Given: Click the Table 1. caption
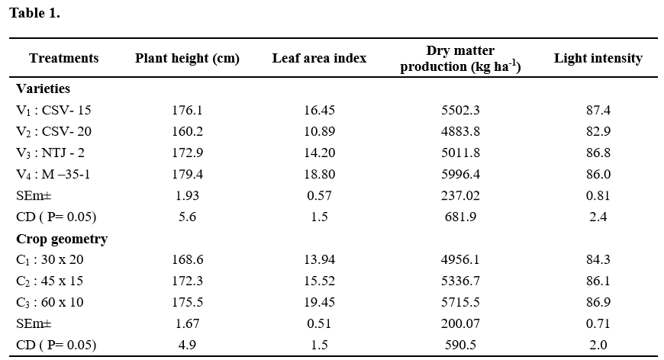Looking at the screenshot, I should (34, 13).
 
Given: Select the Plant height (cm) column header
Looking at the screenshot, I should (187, 59).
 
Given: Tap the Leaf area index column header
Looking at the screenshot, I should (319, 59).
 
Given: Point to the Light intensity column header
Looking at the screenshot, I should (598, 59).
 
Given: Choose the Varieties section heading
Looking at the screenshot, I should (44, 88).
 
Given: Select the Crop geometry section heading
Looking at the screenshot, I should (62, 239).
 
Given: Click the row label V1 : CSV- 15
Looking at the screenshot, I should (54, 111).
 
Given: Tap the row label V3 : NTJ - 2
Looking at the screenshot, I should (50, 153).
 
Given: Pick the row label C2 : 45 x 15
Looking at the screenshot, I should (50, 281).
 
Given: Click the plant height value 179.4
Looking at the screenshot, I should (187, 175).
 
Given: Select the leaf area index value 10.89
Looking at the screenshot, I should (319, 132).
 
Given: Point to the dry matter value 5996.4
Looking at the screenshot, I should (459, 175).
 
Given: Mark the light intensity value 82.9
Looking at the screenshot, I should (598, 132).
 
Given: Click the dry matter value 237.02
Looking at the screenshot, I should (459, 196).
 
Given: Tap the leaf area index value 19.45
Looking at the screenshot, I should (319, 303).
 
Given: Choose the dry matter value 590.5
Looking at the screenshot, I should (459, 346).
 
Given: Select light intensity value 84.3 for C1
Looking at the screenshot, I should (598, 260).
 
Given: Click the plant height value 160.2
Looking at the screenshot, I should (187, 132).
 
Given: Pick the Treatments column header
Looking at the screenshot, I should (64, 59).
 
